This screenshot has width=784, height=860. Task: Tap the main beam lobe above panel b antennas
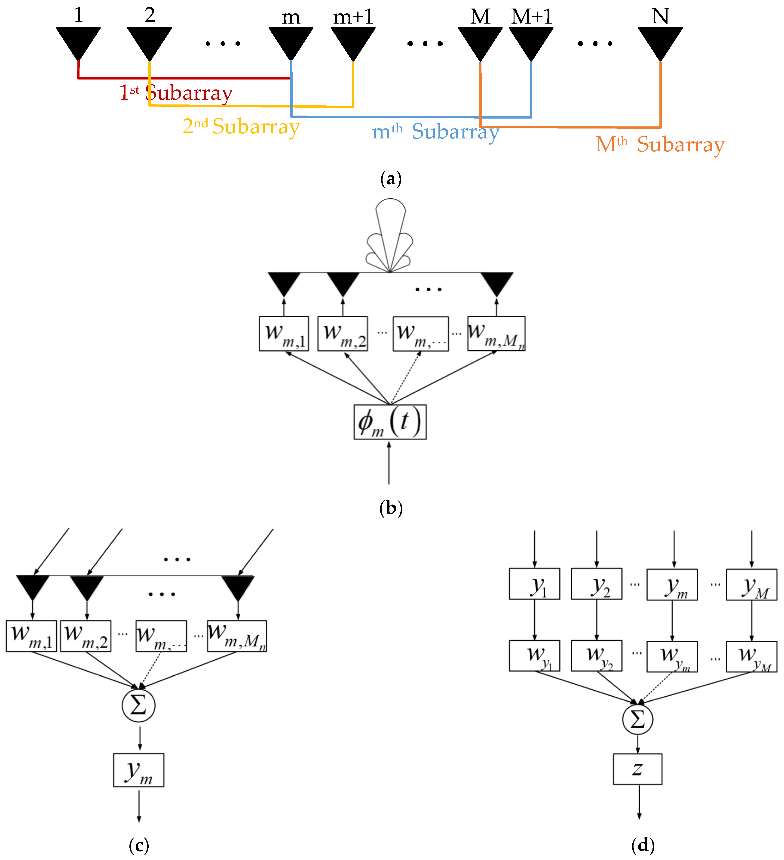(x=390, y=226)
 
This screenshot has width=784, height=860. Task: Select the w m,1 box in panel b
(x=284, y=334)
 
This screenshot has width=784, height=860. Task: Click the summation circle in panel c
(x=139, y=705)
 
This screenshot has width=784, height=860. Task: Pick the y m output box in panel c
(x=139, y=770)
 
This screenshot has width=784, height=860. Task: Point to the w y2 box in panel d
(x=596, y=656)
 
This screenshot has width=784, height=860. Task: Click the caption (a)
(x=391, y=179)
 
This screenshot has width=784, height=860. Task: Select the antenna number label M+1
(x=531, y=16)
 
